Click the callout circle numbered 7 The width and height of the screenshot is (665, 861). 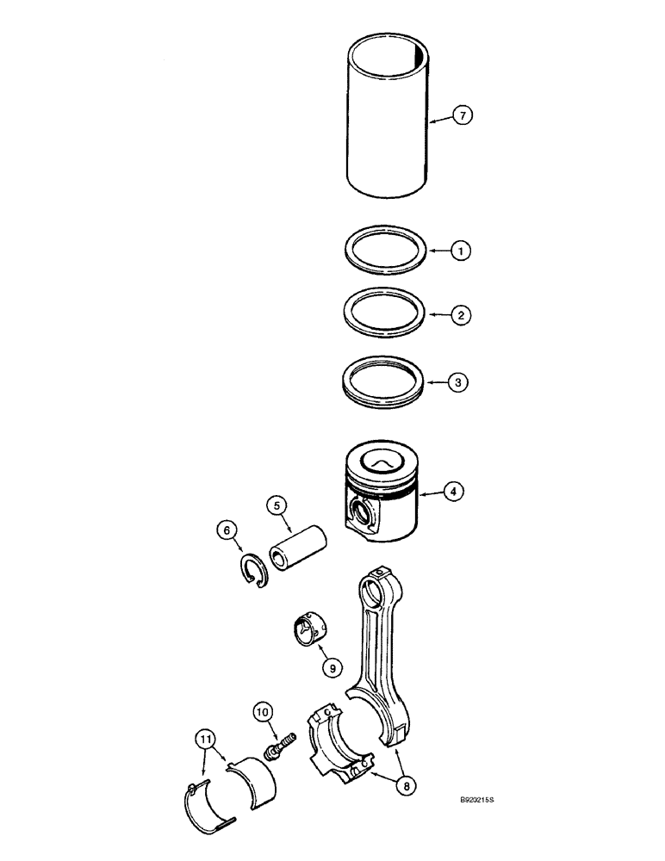[463, 115]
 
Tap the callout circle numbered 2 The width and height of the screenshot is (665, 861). [462, 315]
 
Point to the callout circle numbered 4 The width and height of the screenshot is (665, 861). [454, 492]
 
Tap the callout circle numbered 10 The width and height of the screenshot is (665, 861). [263, 711]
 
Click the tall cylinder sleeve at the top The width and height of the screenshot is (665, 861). [388, 121]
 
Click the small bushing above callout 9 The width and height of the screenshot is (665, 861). [309, 629]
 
